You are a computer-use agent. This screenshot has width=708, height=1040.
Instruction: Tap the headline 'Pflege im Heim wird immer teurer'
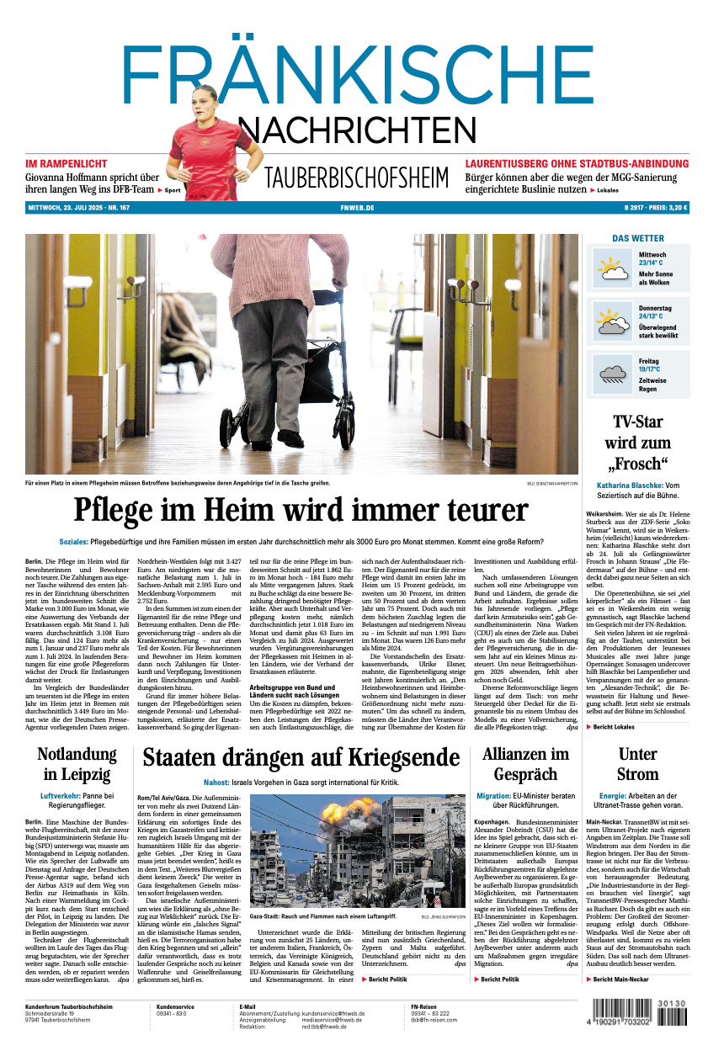coord(301,510)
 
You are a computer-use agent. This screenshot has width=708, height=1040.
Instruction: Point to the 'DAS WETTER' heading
coord(637,238)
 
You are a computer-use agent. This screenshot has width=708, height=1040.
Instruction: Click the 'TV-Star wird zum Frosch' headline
coord(637,442)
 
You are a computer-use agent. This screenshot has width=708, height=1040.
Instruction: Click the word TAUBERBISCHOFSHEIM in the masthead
coord(356,178)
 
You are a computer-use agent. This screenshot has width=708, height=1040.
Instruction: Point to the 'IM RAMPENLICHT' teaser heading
coord(67,162)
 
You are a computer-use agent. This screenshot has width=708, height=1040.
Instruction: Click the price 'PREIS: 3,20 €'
coord(667,208)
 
